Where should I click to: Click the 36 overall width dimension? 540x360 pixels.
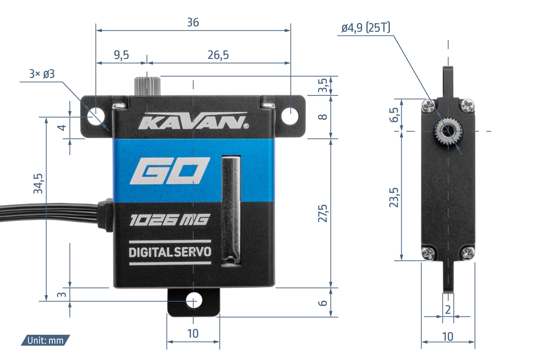point(193,22)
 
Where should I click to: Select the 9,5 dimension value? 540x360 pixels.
point(121,55)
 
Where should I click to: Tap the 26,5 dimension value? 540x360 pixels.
point(219,55)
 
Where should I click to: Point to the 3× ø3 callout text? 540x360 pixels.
point(42,74)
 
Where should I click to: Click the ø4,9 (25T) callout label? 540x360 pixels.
point(365,28)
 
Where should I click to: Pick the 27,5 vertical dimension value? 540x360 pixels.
point(323,213)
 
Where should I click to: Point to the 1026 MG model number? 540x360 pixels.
point(169,220)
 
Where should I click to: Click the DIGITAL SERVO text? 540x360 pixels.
point(170,252)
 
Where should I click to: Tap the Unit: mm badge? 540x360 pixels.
point(45,340)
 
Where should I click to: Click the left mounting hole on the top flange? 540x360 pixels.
point(96,114)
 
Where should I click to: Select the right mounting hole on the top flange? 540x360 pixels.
point(290,114)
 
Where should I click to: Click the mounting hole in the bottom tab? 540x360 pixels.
point(193,300)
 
